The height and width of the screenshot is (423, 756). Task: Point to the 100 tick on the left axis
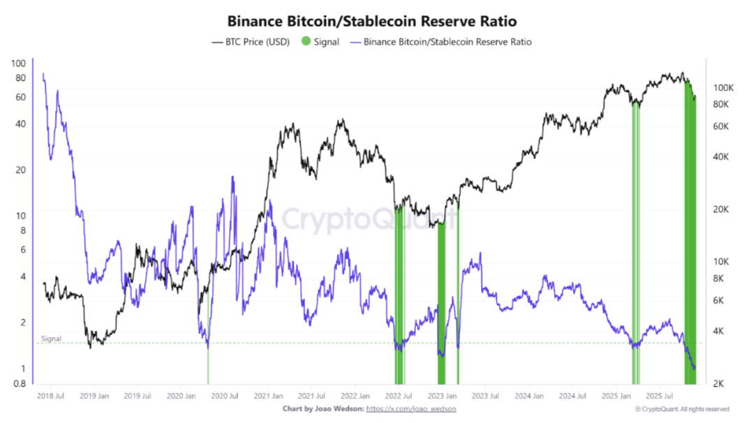coord(19,63)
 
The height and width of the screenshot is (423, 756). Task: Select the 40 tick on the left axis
coord(20,124)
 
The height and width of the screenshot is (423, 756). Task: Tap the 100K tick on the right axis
coord(722,88)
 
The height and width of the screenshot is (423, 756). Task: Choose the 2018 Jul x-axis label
coord(50,396)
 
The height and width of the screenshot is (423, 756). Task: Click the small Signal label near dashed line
coord(51,339)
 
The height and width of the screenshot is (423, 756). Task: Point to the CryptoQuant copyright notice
coord(681,408)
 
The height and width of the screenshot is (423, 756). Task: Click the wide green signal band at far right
coord(690,279)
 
